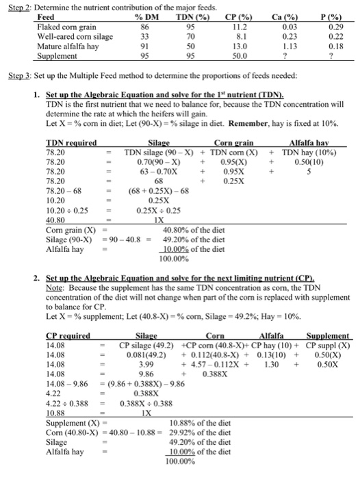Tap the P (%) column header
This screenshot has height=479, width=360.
tap(335, 16)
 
